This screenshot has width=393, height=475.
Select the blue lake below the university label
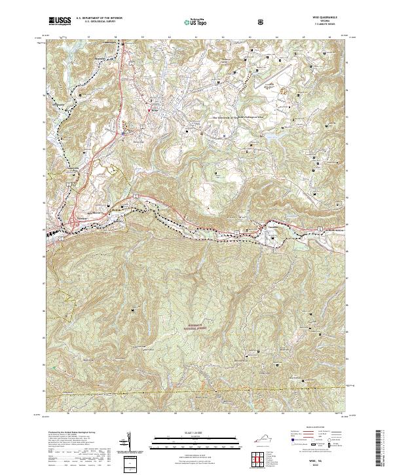pos(268,138)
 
